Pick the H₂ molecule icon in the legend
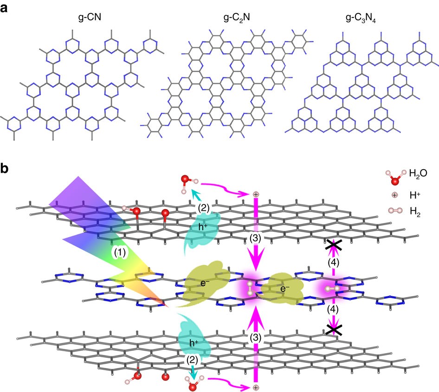click(x=394, y=212)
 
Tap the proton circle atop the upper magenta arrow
click(x=256, y=194)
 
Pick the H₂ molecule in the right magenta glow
click(x=331, y=288)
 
